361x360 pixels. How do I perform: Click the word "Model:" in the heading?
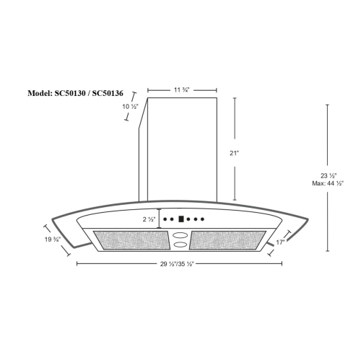[40, 94]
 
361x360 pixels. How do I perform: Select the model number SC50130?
[72, 94]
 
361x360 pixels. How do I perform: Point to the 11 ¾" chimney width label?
[182, 89]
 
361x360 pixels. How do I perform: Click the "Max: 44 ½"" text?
[327, 183]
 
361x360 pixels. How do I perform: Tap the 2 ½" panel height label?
[148, 219]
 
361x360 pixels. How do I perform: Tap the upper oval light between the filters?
[180, 234]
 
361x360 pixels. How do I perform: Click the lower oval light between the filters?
[180, 245]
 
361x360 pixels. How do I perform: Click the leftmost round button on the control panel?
[165, 219]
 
